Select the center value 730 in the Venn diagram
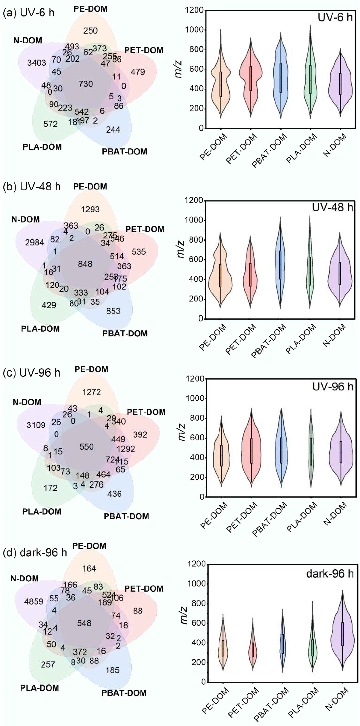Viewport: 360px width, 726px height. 86,84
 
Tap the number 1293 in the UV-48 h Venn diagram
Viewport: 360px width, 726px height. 90,209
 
